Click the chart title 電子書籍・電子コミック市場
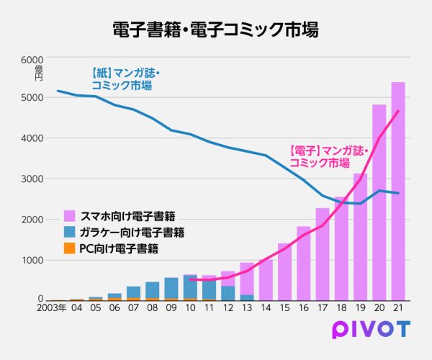tap(215, 30)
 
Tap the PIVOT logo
tap(371, 329)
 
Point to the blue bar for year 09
tap(171, 288)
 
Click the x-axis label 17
tap(323, 308)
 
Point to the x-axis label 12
tap(228, 308)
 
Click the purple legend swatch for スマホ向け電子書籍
tap(69, 215)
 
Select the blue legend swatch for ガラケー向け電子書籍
tap(69, 232)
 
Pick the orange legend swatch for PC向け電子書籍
tap(69, 248)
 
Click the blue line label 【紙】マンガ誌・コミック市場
tap(122, 79)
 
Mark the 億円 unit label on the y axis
tap(39, 73)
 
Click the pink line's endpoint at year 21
tap(398, 111)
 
